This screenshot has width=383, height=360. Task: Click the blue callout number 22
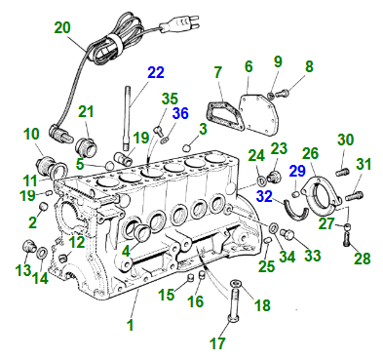[x=156, y=72]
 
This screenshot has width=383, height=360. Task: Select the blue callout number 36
[x=180, y=113]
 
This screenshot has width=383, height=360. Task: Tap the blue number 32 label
[x=265, y=196]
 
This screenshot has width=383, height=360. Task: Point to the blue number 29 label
[x=298, y=171]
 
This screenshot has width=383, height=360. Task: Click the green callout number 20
[x=62, y=27]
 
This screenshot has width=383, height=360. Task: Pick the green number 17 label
[x=217, y=342]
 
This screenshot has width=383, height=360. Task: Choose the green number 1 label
[x=131, y=325]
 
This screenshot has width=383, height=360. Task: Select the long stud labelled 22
[x=126, y=117]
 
